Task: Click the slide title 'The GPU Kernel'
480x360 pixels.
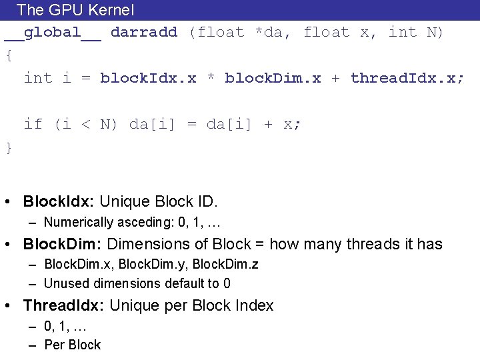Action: pyautogui.click(x=75, y=10)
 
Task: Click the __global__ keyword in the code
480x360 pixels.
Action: pyautogui.click(x=53, y=32)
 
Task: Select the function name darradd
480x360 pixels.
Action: pyautogui.click(x=144, y=32)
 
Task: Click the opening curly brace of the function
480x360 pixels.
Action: pyautogui.click(x=9, y=55)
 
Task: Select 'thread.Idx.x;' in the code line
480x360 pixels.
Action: pyautogui.click(x=407, y=78)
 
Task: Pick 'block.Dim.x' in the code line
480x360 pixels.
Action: pyautogui.click(x=273, y=78)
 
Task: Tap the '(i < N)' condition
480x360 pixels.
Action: pyautogui.click(x=86, y=124)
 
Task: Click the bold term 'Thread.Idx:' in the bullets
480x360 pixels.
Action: pyautogui.click(x=64, y=305)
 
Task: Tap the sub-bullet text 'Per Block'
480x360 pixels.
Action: pyautogui.click(x=72, y=345)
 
